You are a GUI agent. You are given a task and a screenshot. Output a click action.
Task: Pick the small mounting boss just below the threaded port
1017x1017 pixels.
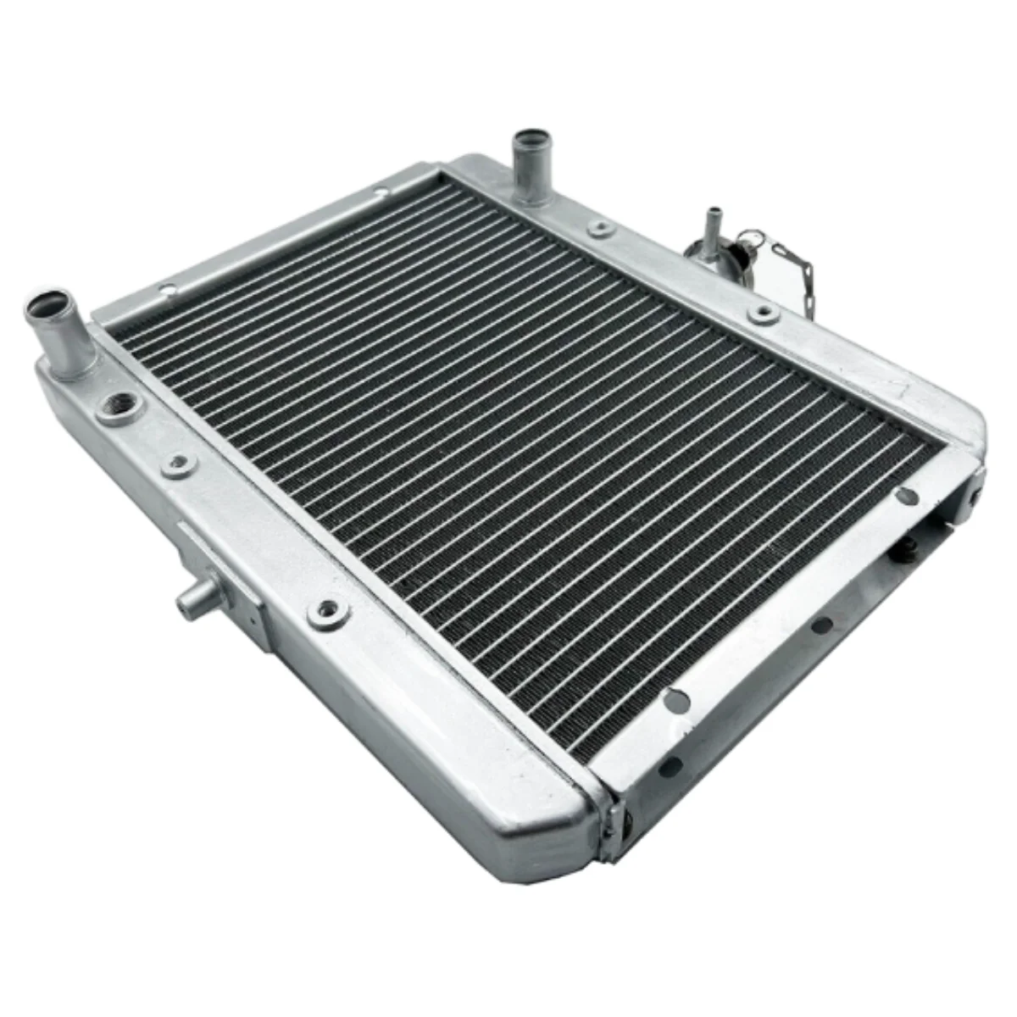tap(177, 462)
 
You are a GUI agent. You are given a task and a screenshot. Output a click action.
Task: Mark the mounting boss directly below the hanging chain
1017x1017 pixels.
tap(762, 314)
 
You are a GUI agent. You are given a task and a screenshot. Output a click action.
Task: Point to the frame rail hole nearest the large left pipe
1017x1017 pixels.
tap(169, 291)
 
